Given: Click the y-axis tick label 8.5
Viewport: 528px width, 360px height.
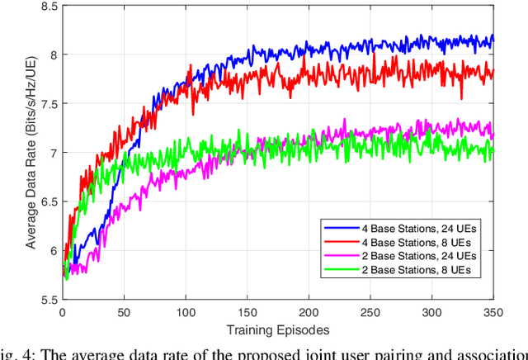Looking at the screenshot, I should tap(49, 6).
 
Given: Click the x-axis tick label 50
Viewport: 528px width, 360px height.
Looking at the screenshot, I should tap(124, 315).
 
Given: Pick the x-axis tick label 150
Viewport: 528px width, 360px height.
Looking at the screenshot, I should tap(247, 315).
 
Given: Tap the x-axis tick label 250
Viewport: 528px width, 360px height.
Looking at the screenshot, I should tap(370, 315).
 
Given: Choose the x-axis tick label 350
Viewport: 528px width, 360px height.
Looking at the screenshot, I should tap(493, 315).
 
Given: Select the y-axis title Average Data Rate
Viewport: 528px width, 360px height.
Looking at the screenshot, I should tap(31, 152).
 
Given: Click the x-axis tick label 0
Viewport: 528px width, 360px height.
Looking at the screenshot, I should tap(62, 315).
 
